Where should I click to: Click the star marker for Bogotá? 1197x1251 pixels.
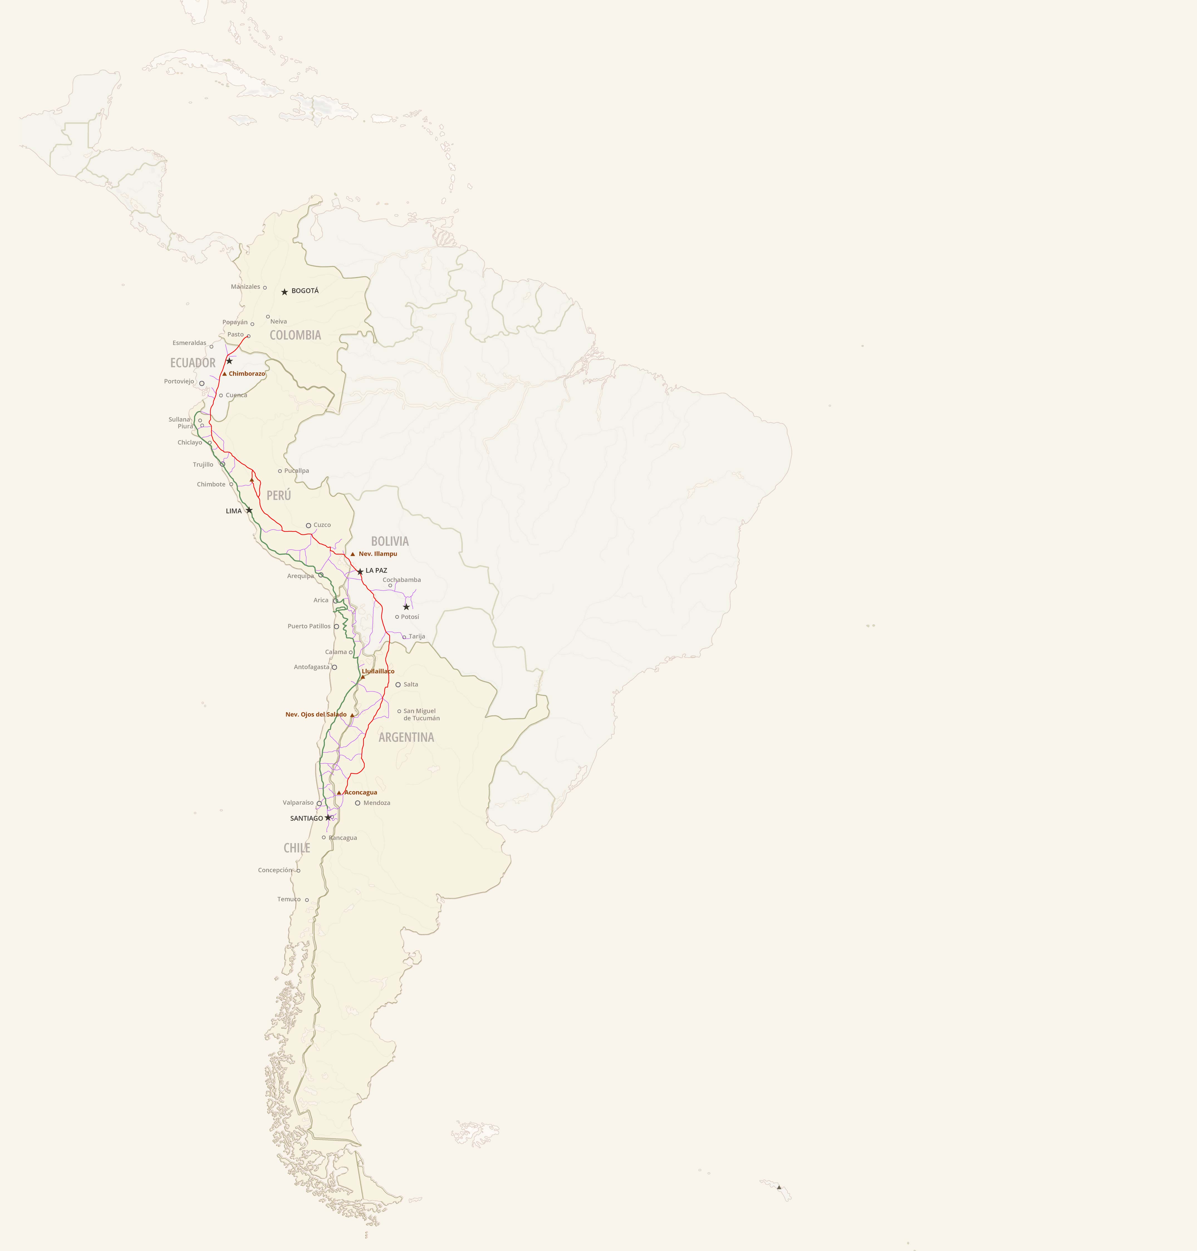284,292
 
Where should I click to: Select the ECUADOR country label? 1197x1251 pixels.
193,363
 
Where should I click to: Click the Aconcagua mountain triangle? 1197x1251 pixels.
339,793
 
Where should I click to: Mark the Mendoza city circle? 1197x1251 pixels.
357,803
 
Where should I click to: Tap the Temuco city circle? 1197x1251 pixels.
307,900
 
